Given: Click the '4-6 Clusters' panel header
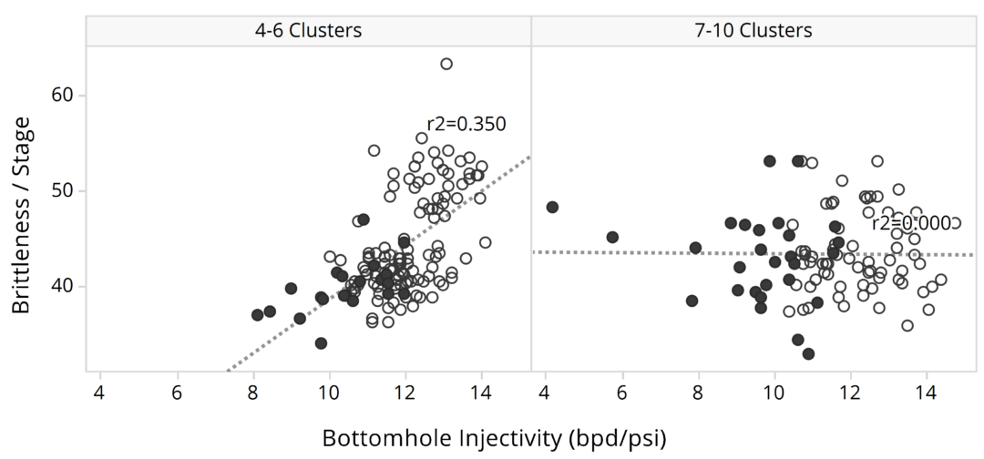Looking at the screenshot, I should click(x=308, y=30).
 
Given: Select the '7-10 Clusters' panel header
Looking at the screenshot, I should click(x=753, y=30).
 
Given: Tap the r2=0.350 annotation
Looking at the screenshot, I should click(x=466, y=124).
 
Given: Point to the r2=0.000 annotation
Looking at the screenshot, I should click(x=910, y=223).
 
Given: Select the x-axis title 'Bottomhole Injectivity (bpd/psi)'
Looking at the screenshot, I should click(x=494, y=438).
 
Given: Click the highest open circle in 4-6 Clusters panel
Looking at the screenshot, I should click(x=446, y=64).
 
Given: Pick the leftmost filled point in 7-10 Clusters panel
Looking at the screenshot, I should click(x=552, y=208).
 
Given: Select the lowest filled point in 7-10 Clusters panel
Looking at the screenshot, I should click(x=808, y=353).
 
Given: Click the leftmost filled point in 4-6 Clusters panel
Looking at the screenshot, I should click(x=258, y=315).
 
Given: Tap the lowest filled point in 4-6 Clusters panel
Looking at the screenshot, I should click(x=321, y=343).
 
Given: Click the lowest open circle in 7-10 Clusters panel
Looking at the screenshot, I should click(x=907, y=326).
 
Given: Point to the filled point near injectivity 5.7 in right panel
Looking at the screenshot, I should click(x=612, y=237).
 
